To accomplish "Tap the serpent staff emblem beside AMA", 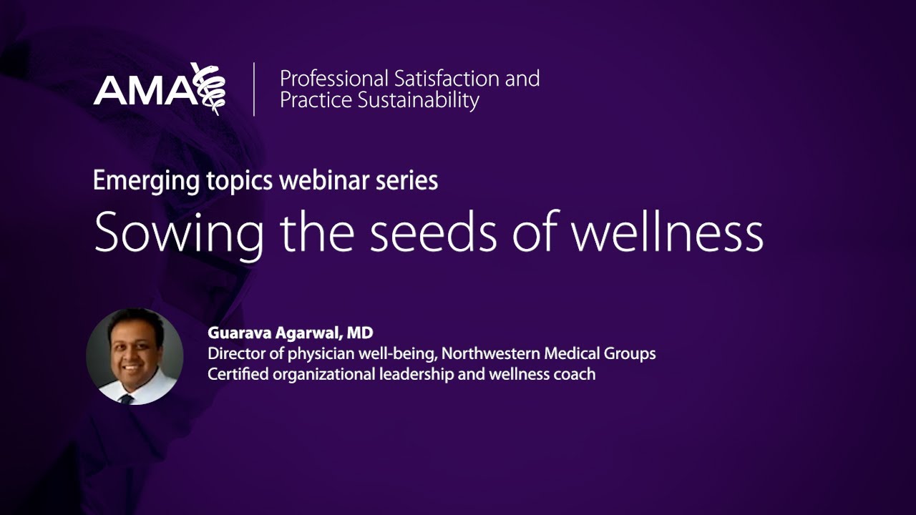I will click(x=209, y=88).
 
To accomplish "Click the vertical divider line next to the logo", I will click(x=254, y=89).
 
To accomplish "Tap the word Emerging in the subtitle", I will click(x=137, y=181).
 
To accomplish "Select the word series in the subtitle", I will click(x=407, y=180).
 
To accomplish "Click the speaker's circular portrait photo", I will click(x=135, y=356).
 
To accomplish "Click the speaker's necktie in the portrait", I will click(x=127, y=398).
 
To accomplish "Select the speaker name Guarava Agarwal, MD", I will click(x=291, y=333).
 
